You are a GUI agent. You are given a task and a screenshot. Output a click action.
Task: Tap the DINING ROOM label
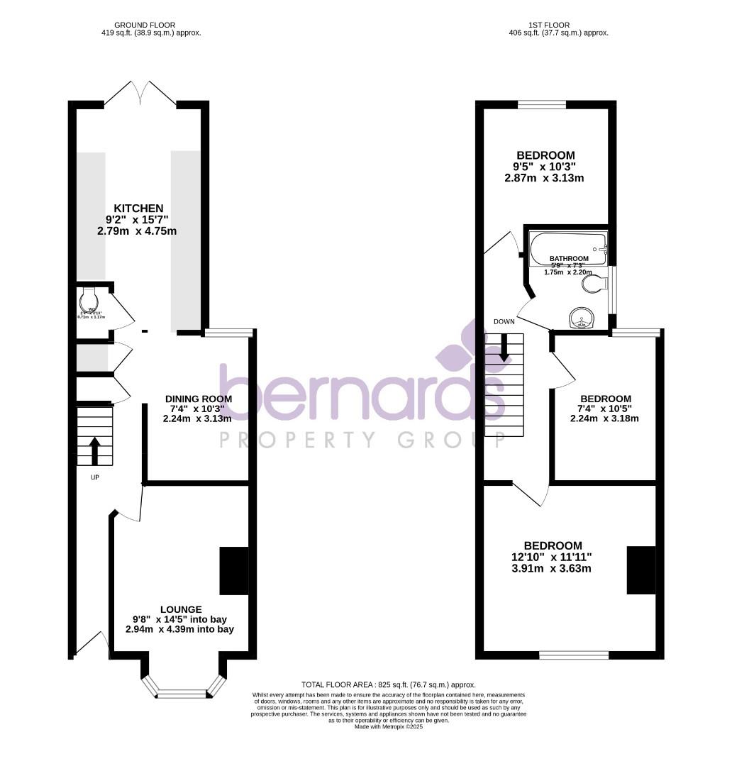pos(199,399)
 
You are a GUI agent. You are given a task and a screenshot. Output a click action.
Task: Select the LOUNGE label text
pos(180,609)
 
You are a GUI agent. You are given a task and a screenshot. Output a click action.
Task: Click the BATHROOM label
pos(569,258)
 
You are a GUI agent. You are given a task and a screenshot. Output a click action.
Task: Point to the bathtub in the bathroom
pos(568,249)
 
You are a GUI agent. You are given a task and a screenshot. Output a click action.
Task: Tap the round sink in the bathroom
pos(584,318)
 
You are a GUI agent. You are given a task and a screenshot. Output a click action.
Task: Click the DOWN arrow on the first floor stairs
pos(504,348)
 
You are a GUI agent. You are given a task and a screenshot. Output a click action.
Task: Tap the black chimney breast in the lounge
pos(233,571)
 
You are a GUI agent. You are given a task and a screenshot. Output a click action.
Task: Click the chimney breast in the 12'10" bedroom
pos(640,570)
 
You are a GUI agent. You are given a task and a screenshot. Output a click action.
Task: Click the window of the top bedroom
pos(542,105)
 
